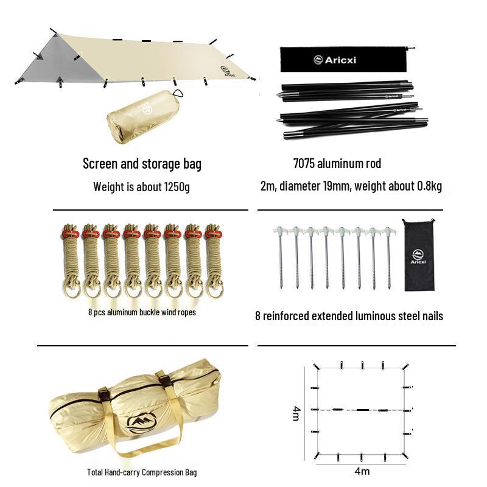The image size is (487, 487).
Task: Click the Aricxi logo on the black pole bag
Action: click(334, 60)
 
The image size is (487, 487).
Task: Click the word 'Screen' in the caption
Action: click(100, 163)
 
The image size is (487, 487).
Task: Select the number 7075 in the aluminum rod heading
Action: click(304, 163)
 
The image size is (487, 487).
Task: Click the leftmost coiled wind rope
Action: click(71, 261)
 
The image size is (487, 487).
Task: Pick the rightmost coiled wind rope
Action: click(214, 261)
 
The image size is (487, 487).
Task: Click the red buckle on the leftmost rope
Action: click(71, 234)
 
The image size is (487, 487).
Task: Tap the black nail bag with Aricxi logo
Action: click(419, 255)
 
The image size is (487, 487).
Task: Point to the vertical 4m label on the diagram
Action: click(296, 413)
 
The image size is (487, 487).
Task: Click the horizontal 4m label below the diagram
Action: click(362, 471)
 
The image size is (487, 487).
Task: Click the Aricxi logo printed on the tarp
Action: click(228, 71)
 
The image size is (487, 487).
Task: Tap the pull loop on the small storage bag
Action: click(178, 94)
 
